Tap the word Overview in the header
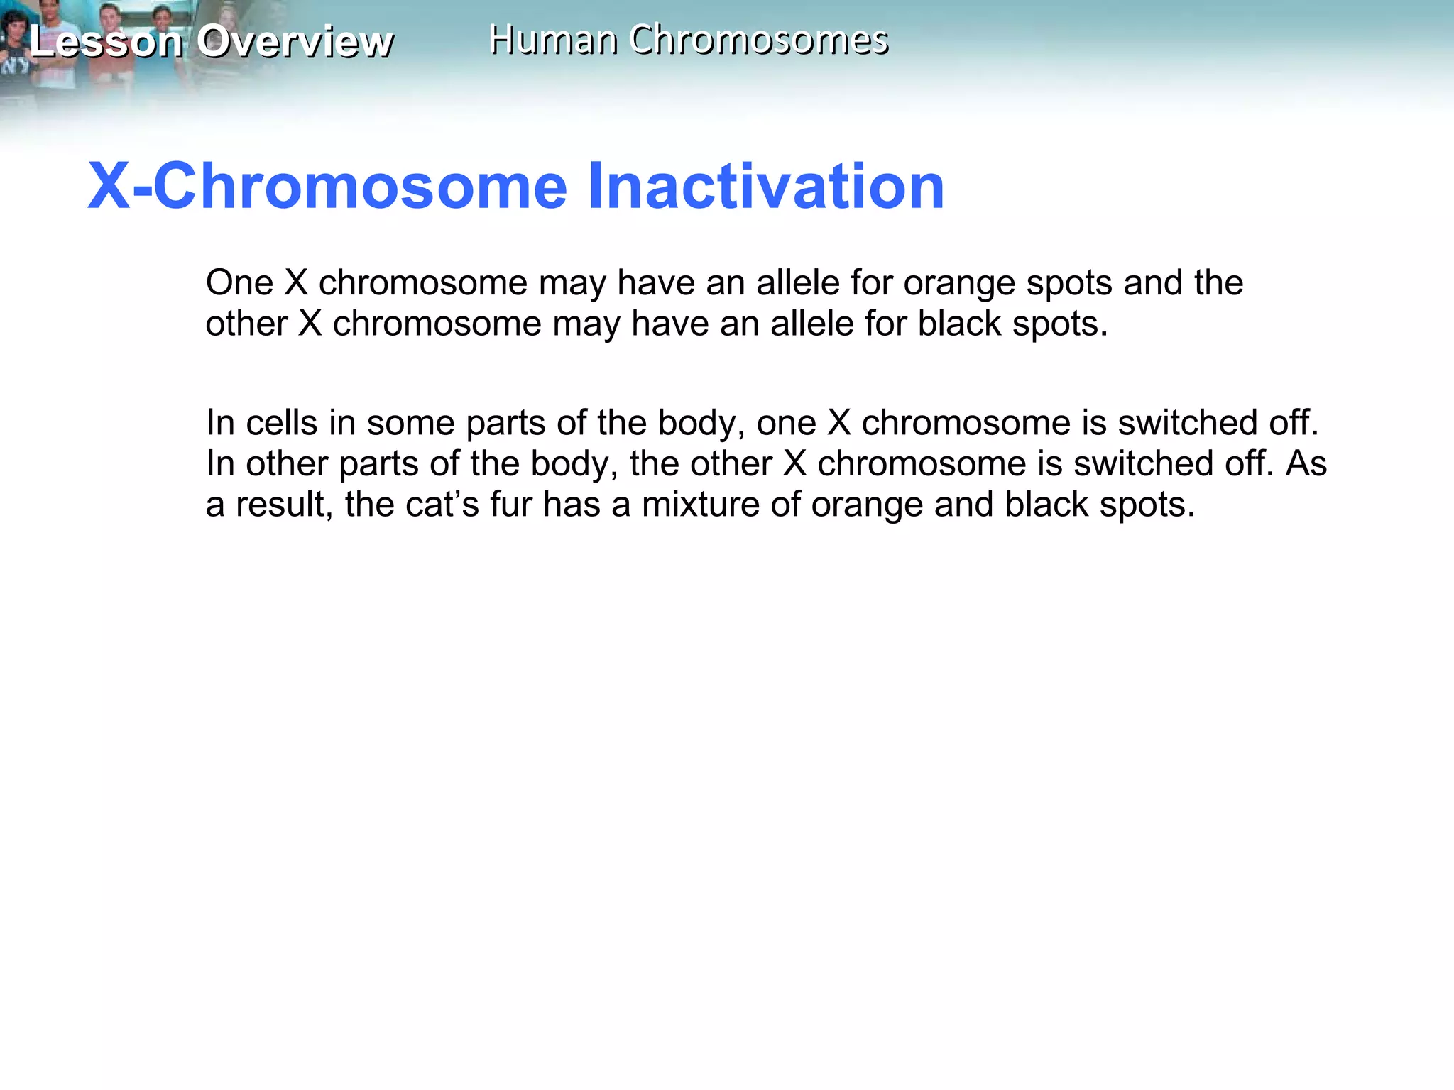coord(295,41)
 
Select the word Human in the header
coord(552,40)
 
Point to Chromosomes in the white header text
coord(758,40)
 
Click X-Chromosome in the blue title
coord(327,186)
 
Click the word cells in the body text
coord(281,423)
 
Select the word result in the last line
coord(283,505)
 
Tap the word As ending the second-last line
coord(1306,463)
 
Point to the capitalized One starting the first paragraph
coord(239,283)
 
